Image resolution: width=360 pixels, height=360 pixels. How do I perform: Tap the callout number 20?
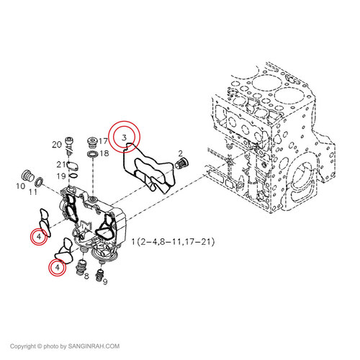pyautogui.click(x=56, y=145)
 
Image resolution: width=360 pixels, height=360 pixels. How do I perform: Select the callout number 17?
pyautogui.click(x=104, y=142)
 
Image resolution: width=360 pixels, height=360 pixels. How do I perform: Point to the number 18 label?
pyautogui.click(x=104, y=153)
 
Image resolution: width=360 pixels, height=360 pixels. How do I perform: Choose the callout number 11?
pyautogui.click(x=32, y=192)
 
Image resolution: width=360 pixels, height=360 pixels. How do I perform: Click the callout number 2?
pyautogui.click(x=181, y=153)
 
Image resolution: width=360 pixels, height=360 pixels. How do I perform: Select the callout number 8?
pyautogui.click(x=85, y=276)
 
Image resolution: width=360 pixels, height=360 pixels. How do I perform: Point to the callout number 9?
pyautogui.click(x=104, y=282)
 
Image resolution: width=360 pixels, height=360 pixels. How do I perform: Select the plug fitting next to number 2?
pyautogui.click(x=182, y=166)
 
